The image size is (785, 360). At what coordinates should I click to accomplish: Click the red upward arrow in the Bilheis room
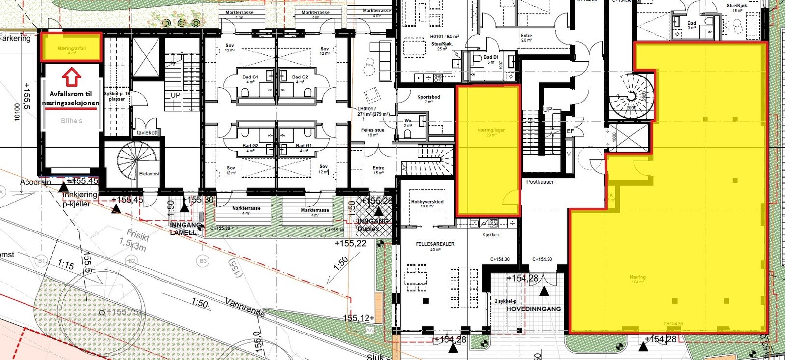(72, 77)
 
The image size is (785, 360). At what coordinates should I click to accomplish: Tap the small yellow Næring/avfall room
(71, 47)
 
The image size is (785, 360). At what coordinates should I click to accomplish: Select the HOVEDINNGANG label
(533, 309)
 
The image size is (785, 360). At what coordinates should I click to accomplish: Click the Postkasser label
(540, 182)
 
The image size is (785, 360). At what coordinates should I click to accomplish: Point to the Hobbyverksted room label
(427, 202)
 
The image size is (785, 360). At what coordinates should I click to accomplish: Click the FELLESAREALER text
(435, 244)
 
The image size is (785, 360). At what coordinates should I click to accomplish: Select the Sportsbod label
(428, 97)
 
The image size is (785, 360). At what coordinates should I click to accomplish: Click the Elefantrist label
(149, 174)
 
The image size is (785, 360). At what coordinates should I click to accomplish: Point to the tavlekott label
(147, 133)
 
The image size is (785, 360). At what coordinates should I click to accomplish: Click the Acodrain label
(35, 182)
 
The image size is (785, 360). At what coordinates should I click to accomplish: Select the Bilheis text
(72, 121)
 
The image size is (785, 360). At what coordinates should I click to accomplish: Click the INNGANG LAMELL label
(186, 229)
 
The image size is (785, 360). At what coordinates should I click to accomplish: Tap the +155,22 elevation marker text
(350, 243)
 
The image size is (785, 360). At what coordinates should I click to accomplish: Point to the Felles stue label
(372, 130)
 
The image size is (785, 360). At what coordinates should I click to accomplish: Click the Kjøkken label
(491, 235)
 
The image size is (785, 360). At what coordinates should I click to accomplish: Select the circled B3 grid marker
(203, 261)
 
